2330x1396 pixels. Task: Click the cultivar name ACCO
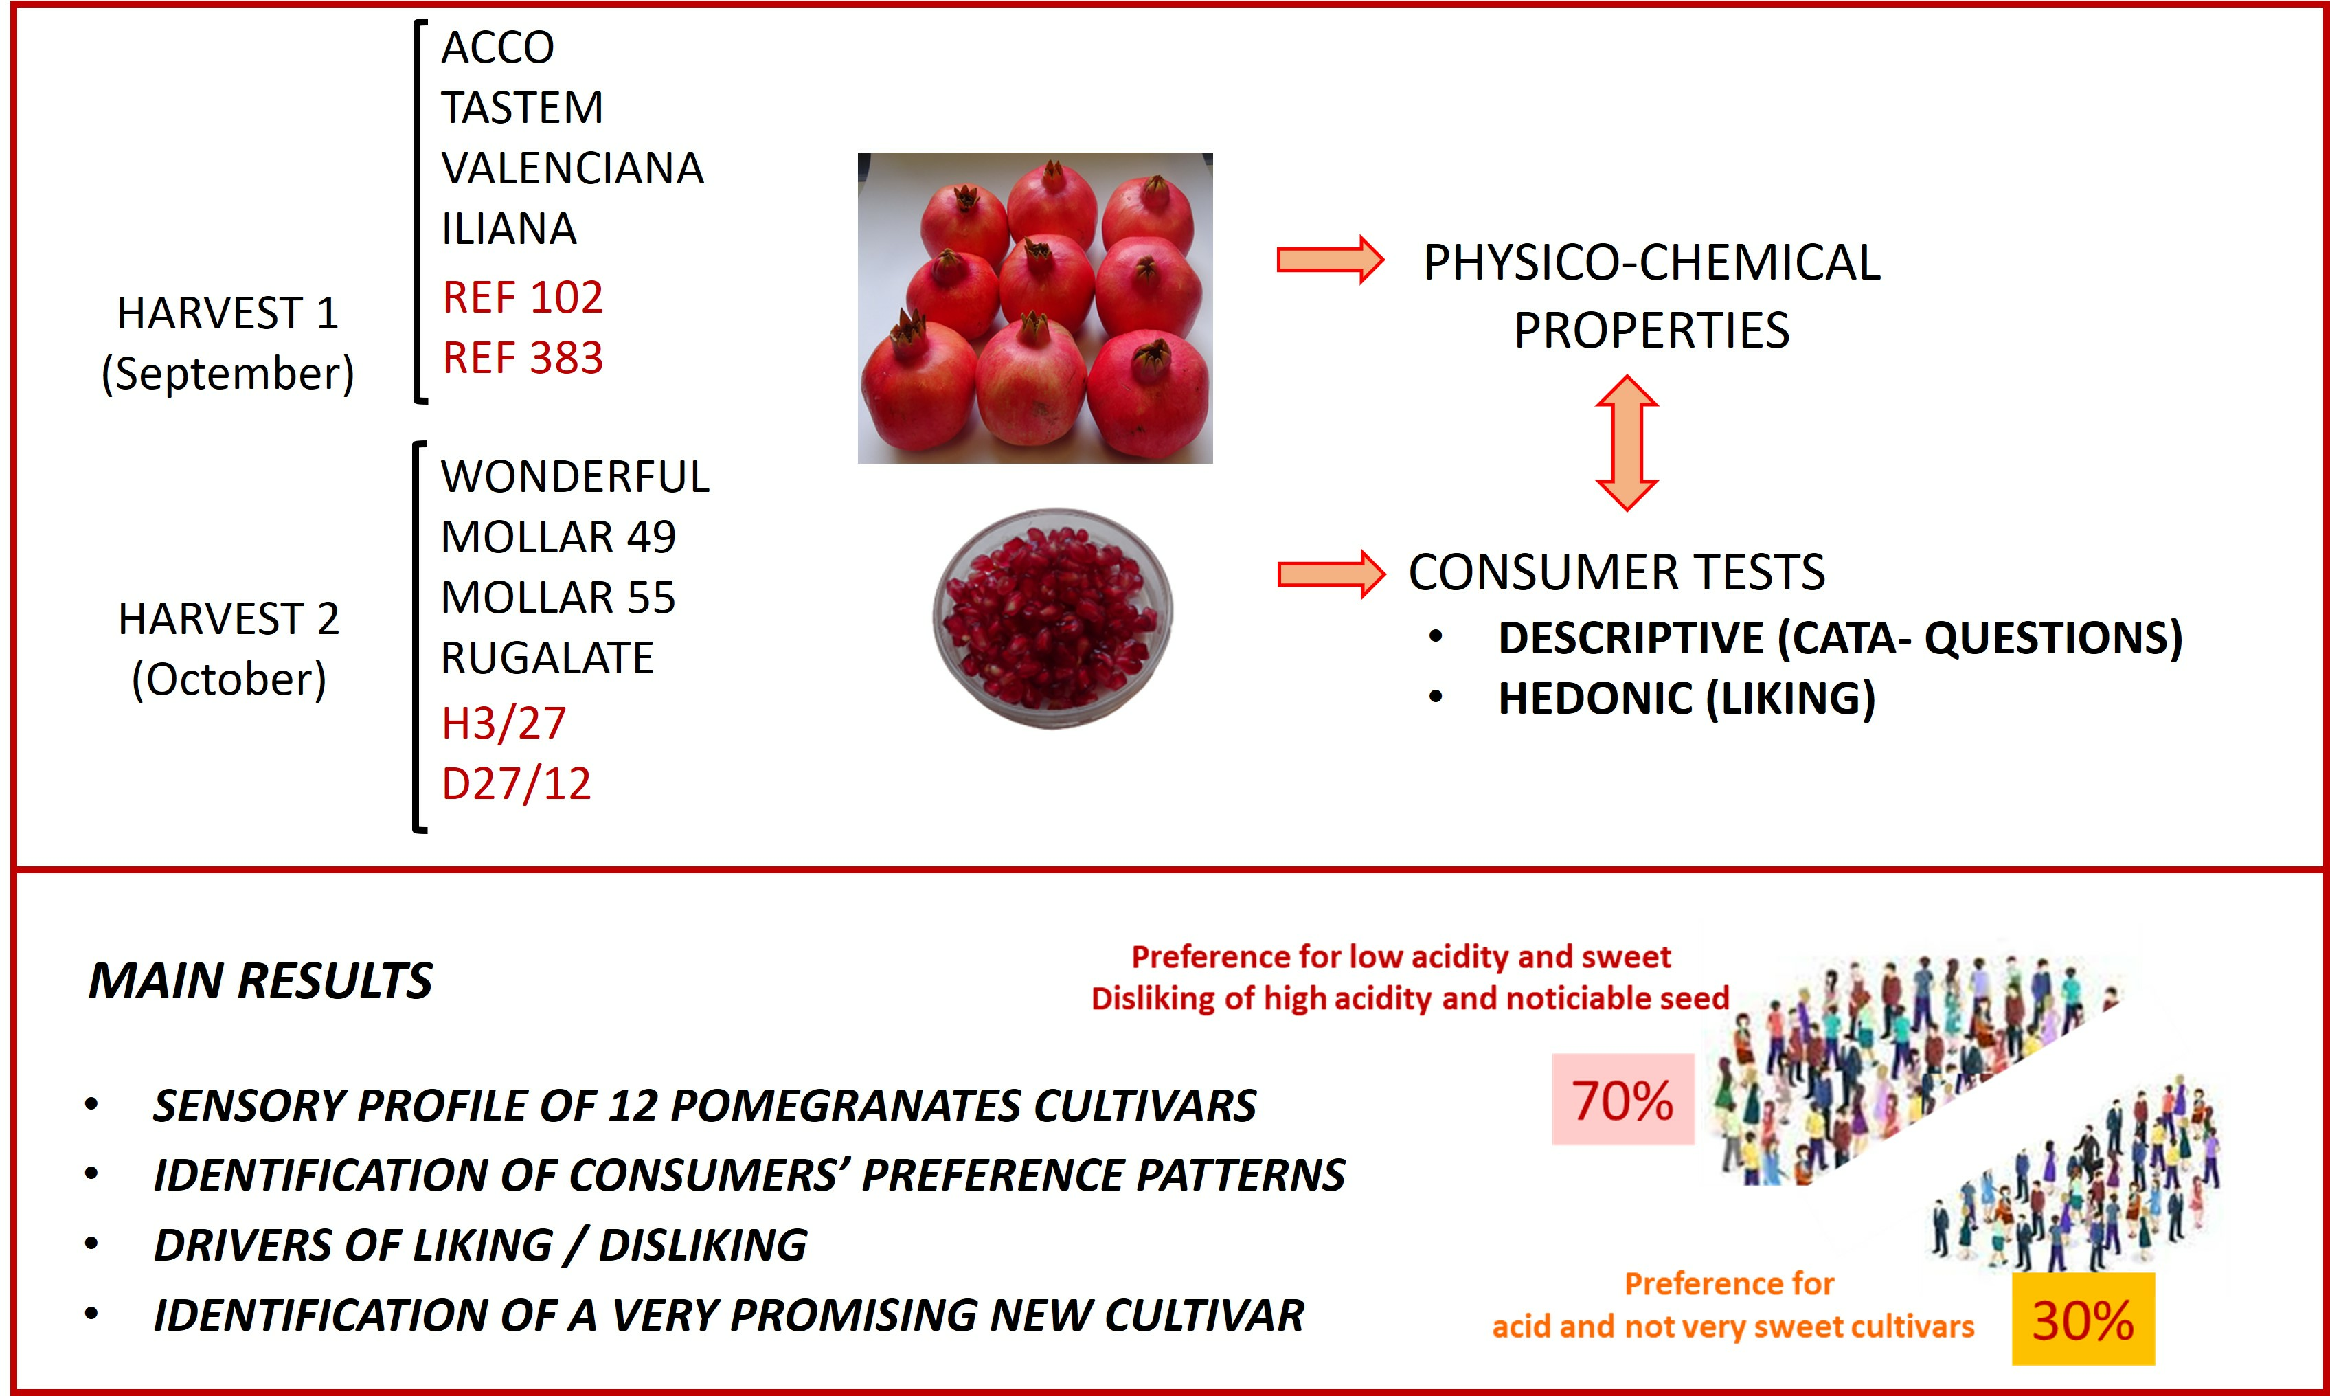click(498, 47)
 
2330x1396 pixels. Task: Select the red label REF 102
click(523, 298)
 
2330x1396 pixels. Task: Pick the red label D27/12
click(516, 785)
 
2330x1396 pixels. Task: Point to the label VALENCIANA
click(573, 168)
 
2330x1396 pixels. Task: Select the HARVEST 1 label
click(227, 313)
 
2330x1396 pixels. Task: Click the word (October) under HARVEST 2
click(229, 679)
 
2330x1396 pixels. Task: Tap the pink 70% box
click(1623, 1099)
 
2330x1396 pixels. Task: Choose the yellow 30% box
click(2083, 1319)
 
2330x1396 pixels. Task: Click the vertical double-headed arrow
click(1627, 443)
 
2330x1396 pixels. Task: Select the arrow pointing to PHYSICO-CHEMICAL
click(1331, 260)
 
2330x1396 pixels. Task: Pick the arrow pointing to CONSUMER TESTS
click(1331, 574)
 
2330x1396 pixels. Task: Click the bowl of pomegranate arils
click(1052, 618)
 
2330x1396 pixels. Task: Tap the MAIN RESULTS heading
click(260, 981)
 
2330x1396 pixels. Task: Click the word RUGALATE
click(547, 657)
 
